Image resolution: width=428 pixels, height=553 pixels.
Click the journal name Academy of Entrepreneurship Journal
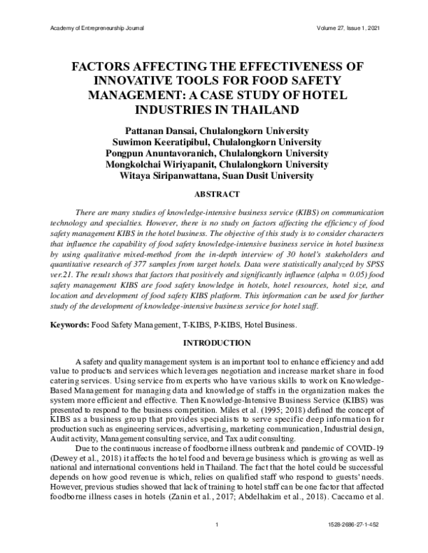94,28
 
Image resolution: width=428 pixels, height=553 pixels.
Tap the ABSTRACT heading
213,193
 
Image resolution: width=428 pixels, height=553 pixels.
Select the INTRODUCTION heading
213,343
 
